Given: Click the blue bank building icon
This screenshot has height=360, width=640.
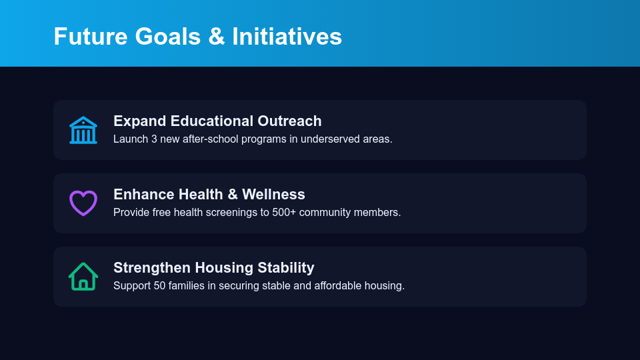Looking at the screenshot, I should tap(83, 130).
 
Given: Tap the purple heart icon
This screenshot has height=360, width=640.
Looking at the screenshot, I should tap(83, 203).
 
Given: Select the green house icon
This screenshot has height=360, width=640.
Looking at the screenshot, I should tap(83, 276).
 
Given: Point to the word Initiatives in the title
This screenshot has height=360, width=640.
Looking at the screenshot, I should tap(287, 36).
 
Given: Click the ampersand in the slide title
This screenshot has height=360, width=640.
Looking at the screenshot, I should tap(216, 36).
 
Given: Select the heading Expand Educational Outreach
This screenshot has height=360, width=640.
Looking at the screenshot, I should tap(217, 121).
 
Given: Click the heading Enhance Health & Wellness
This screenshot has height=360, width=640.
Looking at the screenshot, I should tap(209, 195).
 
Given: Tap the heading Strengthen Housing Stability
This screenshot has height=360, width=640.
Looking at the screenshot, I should tap(213, 268).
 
